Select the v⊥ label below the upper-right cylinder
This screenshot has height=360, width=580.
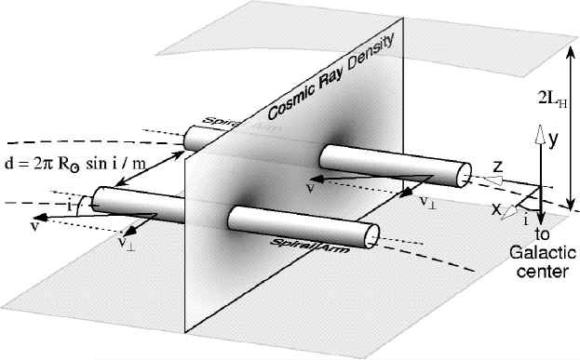coord(427,201)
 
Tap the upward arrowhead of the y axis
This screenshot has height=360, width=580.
coord(538,133)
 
